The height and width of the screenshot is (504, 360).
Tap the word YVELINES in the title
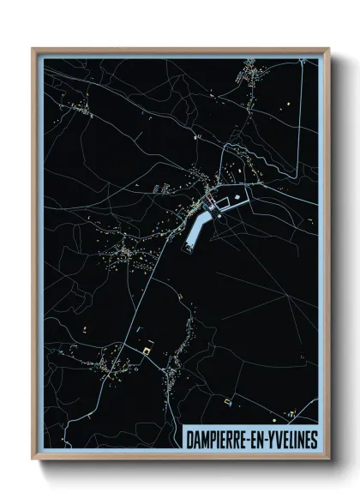coord(291,438)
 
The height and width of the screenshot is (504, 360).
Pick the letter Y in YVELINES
coord(272,438)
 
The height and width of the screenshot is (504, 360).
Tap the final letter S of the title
coord(312,438)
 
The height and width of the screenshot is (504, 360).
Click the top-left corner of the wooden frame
coord(33,49)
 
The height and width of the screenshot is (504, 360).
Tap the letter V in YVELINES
coord(279,438)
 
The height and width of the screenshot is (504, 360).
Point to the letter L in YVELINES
coord(291,438)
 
